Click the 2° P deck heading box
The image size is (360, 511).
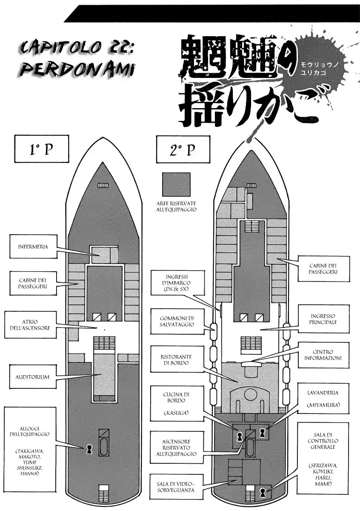(x=183, y=149)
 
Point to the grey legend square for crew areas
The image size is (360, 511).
(x=176, y=184)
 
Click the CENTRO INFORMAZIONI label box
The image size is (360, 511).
(x=323, y=356)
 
